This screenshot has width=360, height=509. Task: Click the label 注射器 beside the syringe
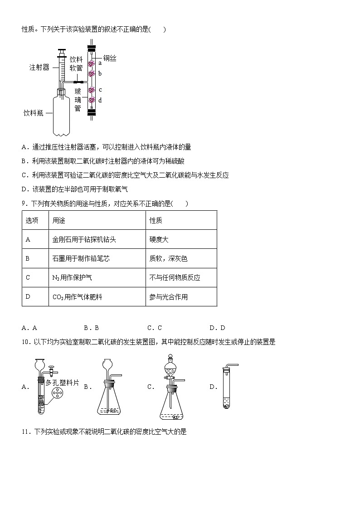pos(39,68)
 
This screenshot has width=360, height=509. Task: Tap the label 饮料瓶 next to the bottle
pos(33,113)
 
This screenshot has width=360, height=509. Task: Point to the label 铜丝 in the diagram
pos(110,58)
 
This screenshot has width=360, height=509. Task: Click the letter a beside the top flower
pos(100,63)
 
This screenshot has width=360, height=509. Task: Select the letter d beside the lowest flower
pos(100,100)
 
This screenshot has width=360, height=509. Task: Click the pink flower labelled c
pos(92,90)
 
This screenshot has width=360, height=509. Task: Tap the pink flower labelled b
pos(92,73)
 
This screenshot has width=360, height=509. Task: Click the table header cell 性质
pos(156,220)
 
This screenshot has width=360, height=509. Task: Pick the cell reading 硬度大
pos(159,239)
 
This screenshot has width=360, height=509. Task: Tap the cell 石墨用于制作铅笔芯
pos(81,258)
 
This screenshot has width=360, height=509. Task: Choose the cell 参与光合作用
pos(168,297)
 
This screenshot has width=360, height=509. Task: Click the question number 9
pos(24,204)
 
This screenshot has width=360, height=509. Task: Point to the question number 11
pos(25,432)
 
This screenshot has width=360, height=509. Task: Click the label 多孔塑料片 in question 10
pos(62,383)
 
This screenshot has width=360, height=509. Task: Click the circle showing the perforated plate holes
pos(58,394)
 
